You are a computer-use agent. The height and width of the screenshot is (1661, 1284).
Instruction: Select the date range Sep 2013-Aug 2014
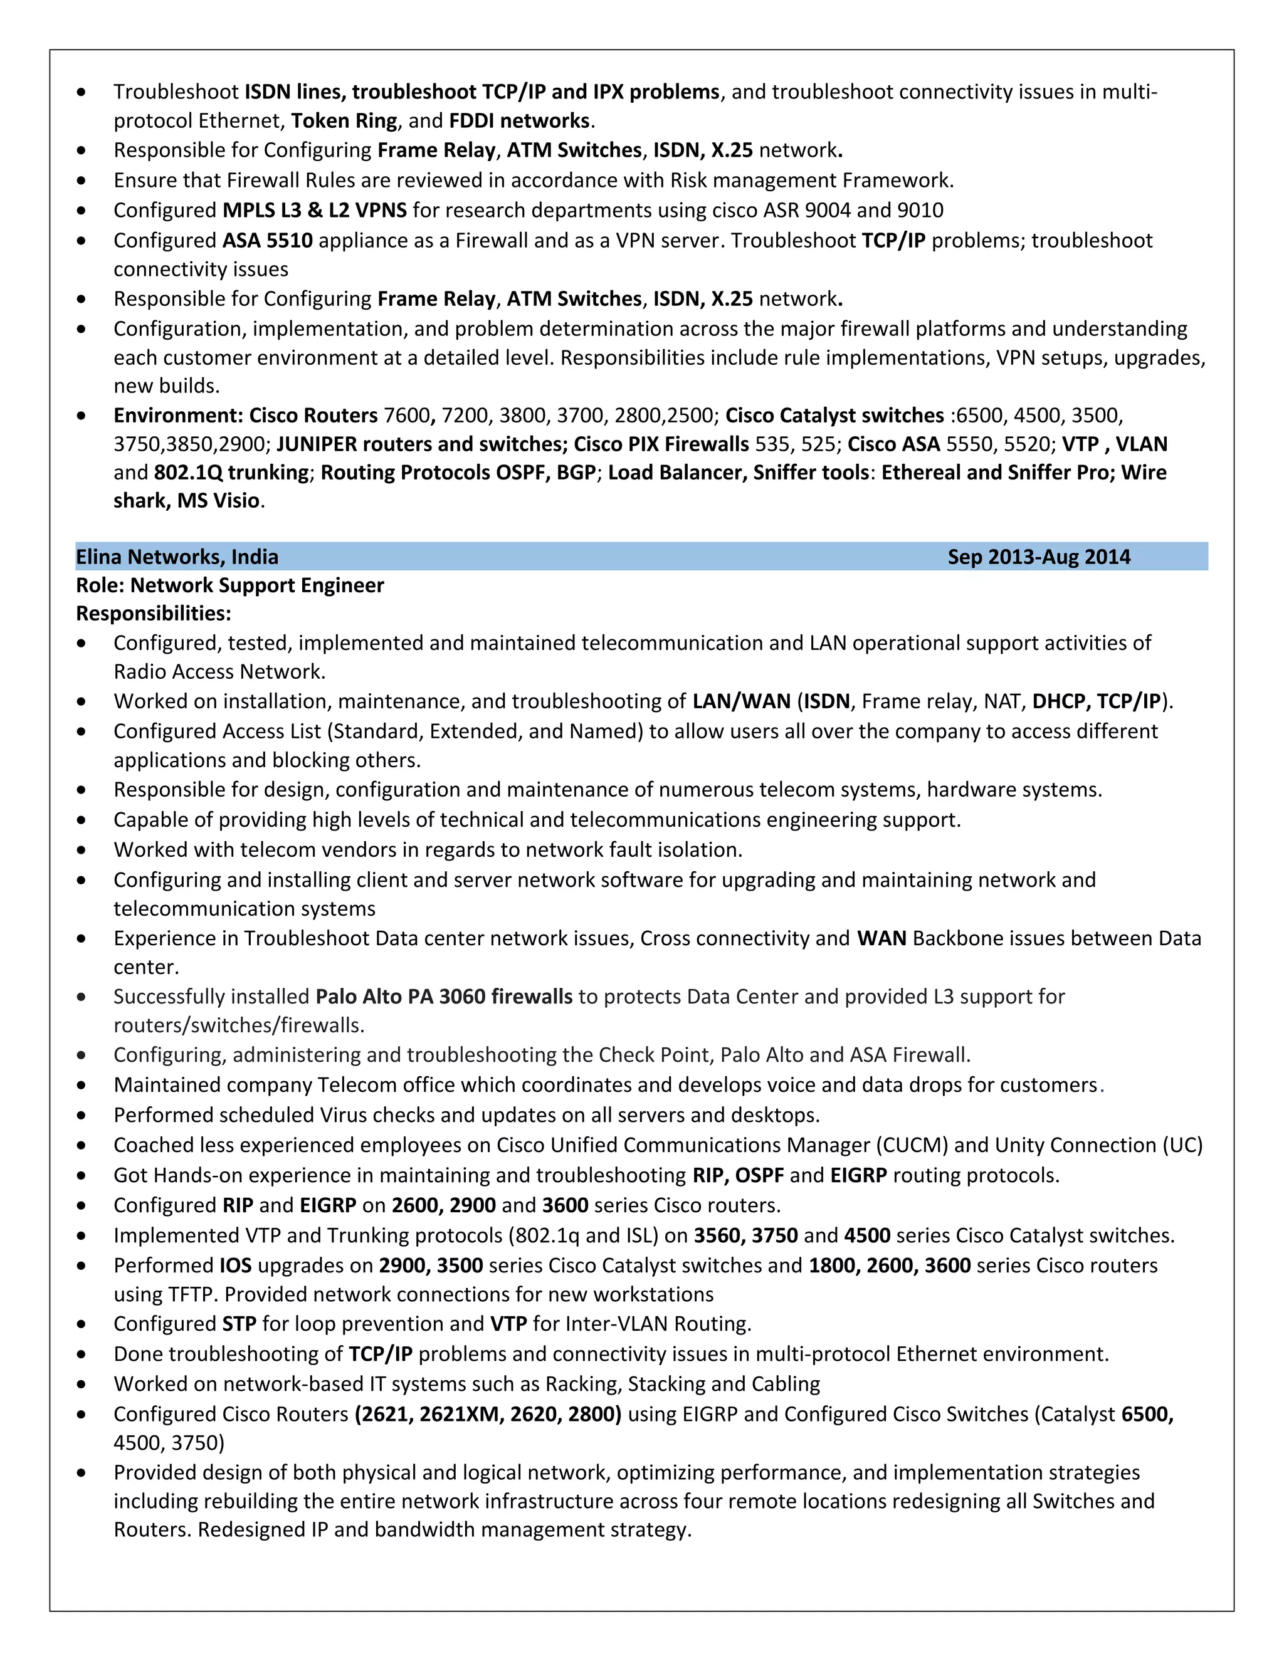click(x=1038, y=557)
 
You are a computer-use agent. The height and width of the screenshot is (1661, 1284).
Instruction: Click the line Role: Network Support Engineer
click(x=229, y=585)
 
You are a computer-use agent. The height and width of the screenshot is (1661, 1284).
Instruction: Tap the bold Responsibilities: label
click(x=153, y=613)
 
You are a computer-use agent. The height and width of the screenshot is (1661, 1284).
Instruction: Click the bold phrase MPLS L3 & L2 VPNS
click(x=314, y=210)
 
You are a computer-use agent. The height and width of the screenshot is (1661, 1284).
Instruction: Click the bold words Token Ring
click(x=344, y=121)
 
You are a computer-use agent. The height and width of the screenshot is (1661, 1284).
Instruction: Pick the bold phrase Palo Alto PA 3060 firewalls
click(x=443, y=997)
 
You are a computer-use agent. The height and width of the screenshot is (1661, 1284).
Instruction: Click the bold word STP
click(x=239, y=1323)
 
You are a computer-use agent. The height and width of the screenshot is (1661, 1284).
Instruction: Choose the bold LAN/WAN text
click(x=741, y=701)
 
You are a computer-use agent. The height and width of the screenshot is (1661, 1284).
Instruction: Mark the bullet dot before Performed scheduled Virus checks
click(x=82, y=1116)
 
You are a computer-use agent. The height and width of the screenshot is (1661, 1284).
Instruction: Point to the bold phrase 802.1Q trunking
click(x=231, y=473)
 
